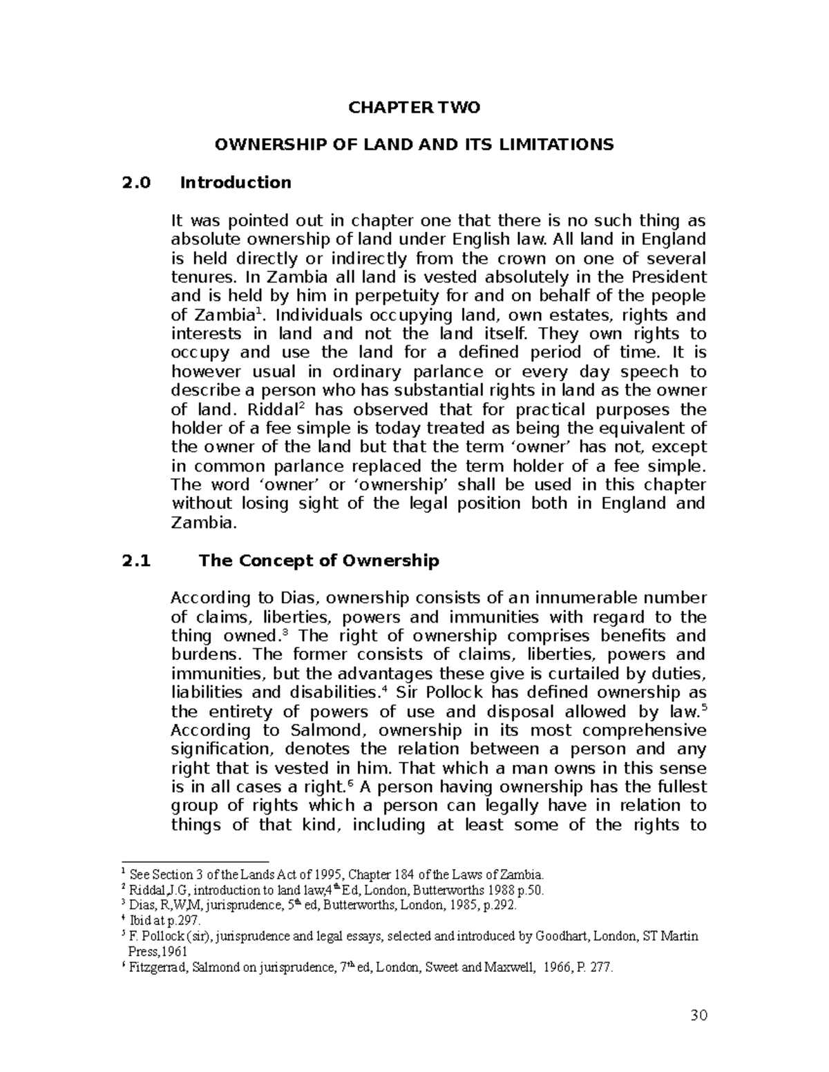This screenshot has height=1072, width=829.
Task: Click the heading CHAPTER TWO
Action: [x=414, y=108]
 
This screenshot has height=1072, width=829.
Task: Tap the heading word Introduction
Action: [x=235, y=183]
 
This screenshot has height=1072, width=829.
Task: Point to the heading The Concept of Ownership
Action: [x=318, y=561]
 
